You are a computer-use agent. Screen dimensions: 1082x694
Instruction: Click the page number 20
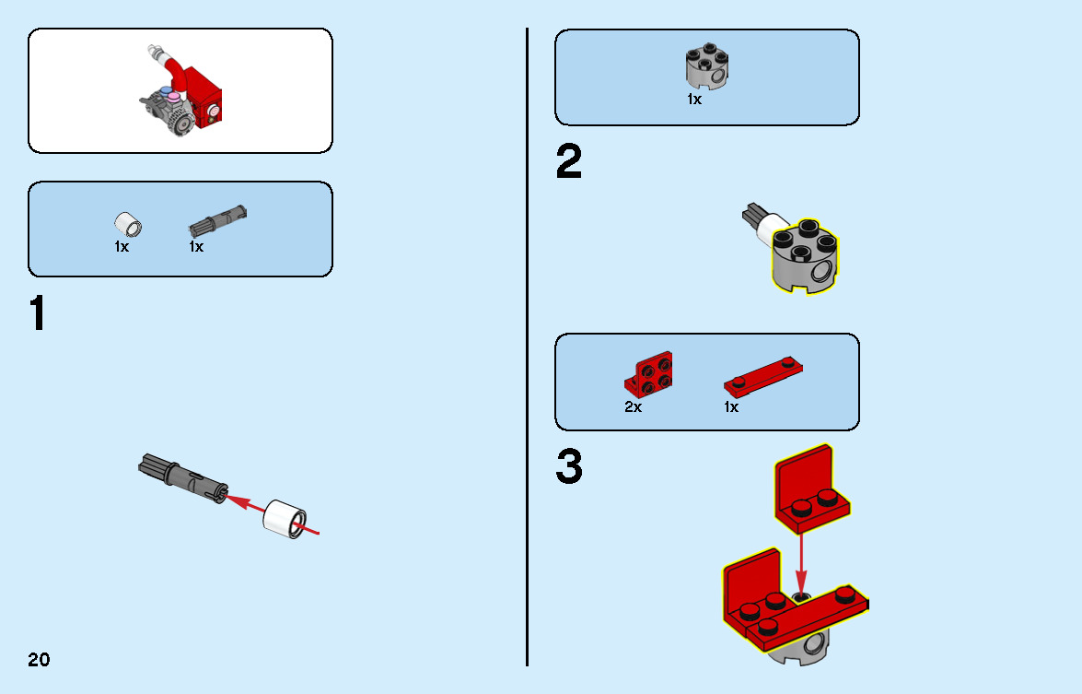click(x=39, y=660)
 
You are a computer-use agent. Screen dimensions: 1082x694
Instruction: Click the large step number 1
click(x=38, y=313)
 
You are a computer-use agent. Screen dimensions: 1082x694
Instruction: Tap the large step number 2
click(x=568, y=161)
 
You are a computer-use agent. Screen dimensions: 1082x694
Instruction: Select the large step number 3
click(x=569, y=466)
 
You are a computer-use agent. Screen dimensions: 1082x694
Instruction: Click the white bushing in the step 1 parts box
click(x=128, y=225)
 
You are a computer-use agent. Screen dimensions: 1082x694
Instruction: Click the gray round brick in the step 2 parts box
click(x=706, y=67)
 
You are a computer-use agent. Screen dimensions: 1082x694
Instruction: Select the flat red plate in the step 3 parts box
click(x=763, y=376)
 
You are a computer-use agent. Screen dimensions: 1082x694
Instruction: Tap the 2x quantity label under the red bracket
click(x=633, y=407)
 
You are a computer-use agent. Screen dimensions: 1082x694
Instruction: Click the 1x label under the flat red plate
click(x=731, y=407)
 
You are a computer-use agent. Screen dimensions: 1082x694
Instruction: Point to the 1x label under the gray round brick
click(x=694, y=100)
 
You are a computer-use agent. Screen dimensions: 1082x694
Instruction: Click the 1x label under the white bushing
click(x=122, y=246)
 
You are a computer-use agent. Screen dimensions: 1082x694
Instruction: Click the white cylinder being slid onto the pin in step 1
click(x=285, y=519)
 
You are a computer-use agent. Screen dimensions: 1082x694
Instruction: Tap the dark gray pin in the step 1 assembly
click(x=183, y=477)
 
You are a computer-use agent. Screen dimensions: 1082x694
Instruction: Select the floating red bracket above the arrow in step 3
click(x=811, y=488)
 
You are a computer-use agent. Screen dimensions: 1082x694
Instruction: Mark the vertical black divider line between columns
click(x=528, y=347)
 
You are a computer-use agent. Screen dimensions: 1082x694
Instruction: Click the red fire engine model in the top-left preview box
click(x=180, y=90)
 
